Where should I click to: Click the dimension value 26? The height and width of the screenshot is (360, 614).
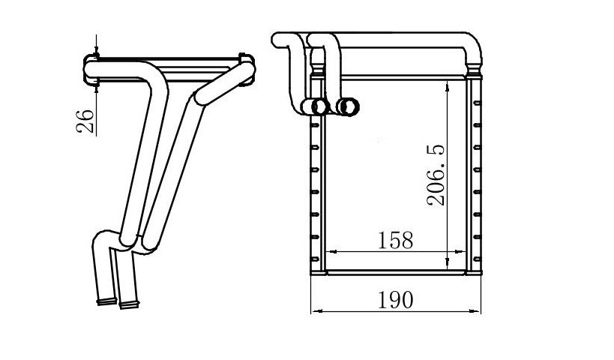pos(85,121)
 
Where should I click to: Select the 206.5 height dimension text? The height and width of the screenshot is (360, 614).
pos(436,175)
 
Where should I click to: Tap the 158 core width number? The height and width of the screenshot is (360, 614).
pos(395,240)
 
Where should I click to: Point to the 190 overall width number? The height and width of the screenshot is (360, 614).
pos(395,300)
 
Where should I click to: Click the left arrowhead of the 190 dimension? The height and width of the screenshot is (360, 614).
pos(316,311)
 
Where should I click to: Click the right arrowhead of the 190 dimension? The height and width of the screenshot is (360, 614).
pos(475,311)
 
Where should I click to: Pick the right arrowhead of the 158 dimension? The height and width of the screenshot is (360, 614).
pos(460,252)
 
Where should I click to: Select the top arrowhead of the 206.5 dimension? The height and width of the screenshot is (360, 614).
pos(448,85)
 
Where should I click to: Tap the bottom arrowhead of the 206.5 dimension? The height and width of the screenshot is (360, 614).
pos(448,265)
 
